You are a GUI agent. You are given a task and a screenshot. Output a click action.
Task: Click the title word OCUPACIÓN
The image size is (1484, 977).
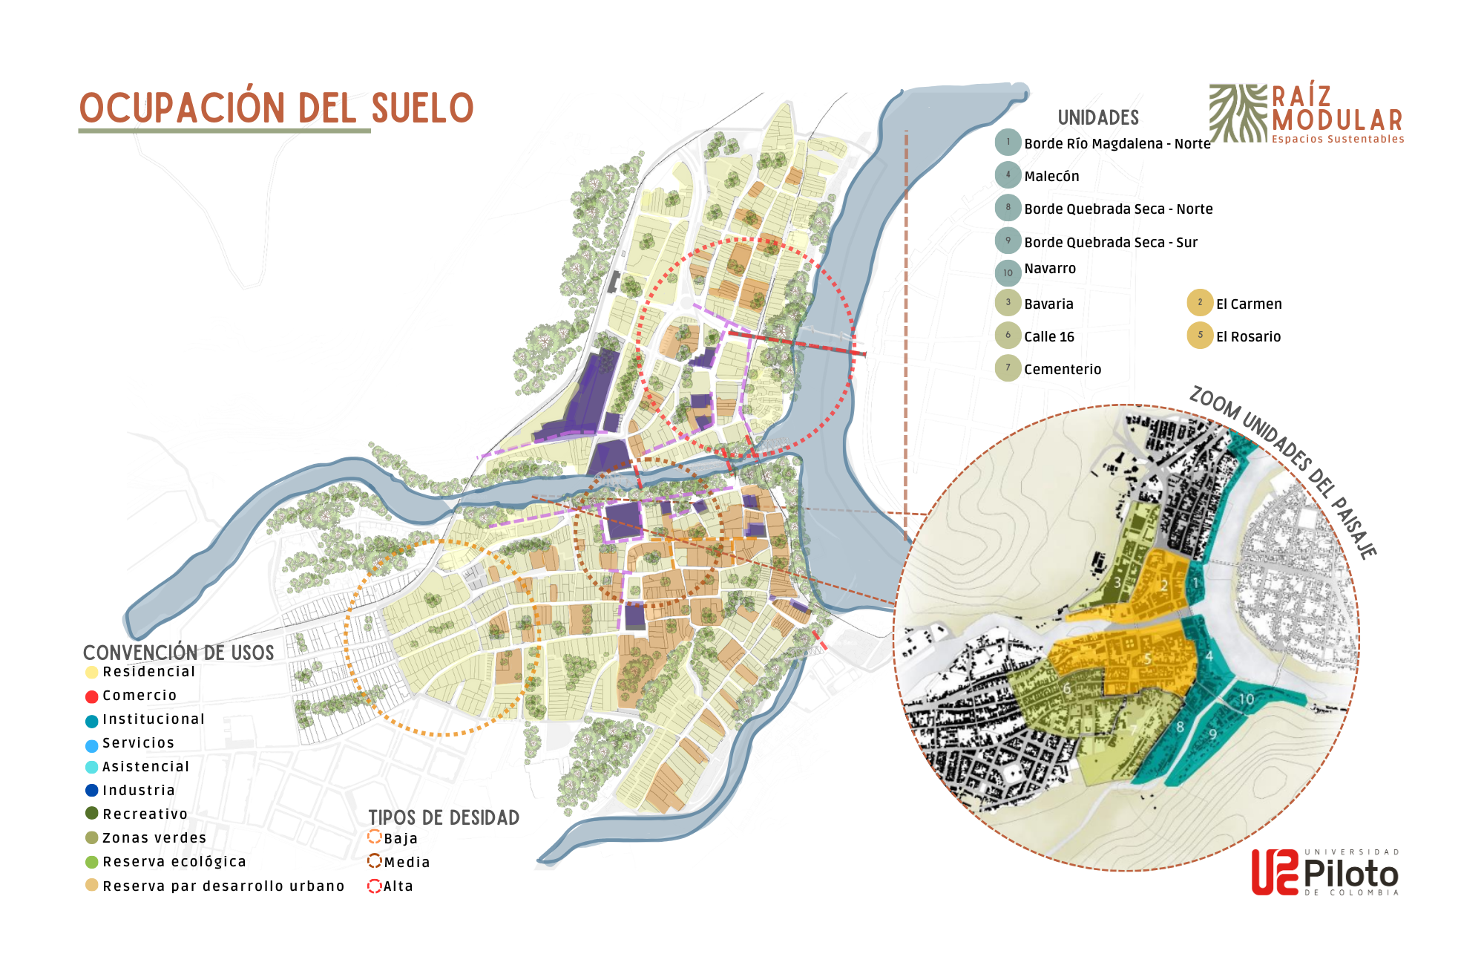[182, 108]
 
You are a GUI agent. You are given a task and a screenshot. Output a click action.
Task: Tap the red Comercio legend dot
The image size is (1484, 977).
[92, 696]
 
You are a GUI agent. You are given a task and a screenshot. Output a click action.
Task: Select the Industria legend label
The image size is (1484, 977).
[139, 791]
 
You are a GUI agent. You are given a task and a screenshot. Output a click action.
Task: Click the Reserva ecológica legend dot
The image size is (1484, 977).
[92, 862]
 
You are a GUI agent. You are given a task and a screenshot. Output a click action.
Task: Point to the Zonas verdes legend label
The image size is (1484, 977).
[154, 838]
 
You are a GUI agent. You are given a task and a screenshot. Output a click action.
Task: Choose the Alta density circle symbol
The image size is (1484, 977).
[375, 886]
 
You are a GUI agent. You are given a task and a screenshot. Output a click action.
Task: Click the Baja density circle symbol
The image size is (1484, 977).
[375, 837]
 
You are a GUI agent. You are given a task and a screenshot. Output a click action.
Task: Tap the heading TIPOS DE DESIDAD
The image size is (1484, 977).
[444, 817]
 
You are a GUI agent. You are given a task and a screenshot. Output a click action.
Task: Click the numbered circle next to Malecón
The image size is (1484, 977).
[1008, 175]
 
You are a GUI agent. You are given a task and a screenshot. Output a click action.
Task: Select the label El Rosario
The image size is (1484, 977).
[1248, 337]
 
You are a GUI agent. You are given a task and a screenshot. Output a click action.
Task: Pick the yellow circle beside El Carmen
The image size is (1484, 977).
[1200, 303]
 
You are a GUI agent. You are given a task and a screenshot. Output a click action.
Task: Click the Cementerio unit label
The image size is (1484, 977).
[1062, 370]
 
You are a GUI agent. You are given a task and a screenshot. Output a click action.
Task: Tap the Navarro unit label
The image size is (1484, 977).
[1049, 269]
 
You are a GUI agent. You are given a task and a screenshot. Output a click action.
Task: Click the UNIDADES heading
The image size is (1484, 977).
[1098, 118]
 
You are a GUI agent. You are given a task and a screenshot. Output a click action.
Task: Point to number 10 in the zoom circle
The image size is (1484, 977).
[1247, 699]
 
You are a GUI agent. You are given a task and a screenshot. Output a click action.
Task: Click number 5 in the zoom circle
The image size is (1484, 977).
[1147, 659]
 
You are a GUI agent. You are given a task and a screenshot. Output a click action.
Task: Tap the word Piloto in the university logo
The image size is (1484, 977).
[1350, 874]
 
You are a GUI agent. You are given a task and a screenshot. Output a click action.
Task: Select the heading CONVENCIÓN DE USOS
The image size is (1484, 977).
[178, 653]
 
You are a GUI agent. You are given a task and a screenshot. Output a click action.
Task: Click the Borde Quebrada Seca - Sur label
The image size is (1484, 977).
[1110, 243]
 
